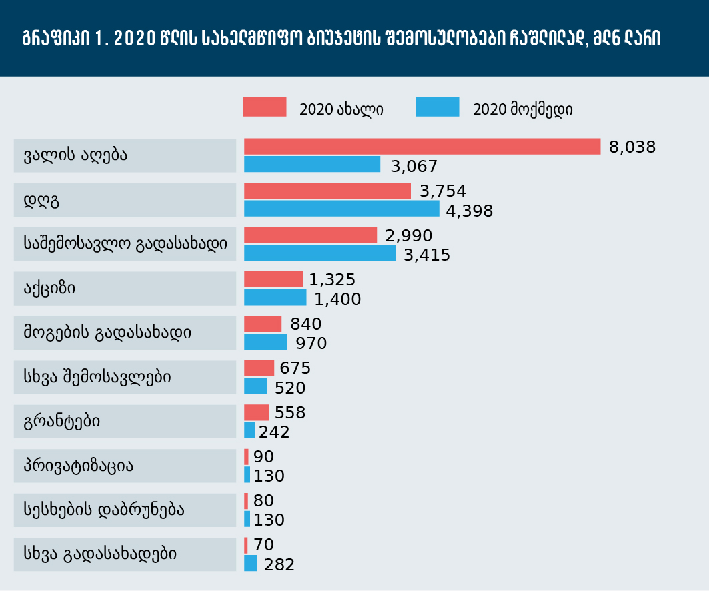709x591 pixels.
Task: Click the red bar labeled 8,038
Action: pos(422,147)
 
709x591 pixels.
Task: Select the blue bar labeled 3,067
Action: pos(312,164)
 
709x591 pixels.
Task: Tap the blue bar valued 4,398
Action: pos(342,209)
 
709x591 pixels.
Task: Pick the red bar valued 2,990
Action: pos(311,235)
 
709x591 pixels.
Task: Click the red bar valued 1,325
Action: pos(273,279)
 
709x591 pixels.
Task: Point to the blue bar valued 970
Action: pos(266,342)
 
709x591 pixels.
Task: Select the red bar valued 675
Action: pos(259,368)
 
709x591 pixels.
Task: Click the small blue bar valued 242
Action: pos(249,430)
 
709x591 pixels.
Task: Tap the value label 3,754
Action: pos(443,191)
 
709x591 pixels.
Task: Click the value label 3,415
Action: pos(427,255)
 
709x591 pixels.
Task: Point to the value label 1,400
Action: pos(337,299)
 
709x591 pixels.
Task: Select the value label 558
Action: pos(290,412)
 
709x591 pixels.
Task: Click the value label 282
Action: pos(279,564)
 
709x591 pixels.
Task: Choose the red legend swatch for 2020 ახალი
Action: pos(265,107)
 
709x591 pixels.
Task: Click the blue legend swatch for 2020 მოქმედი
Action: pos(438,107)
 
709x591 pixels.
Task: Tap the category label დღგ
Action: pos(41,200)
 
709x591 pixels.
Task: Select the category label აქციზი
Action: pos(50,288)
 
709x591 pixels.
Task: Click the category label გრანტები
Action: pos(62,422)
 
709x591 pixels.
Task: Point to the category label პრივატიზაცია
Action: pos(79,466)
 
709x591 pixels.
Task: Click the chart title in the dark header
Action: pos(341,39)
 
